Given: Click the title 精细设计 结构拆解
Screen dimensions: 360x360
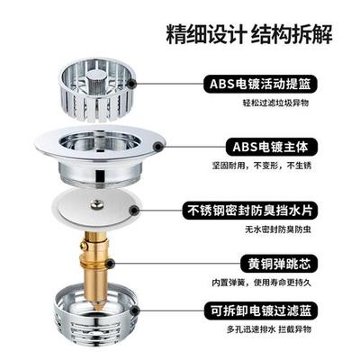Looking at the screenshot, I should pos(245,37).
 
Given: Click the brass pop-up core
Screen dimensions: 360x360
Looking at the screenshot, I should pos(96,265).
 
